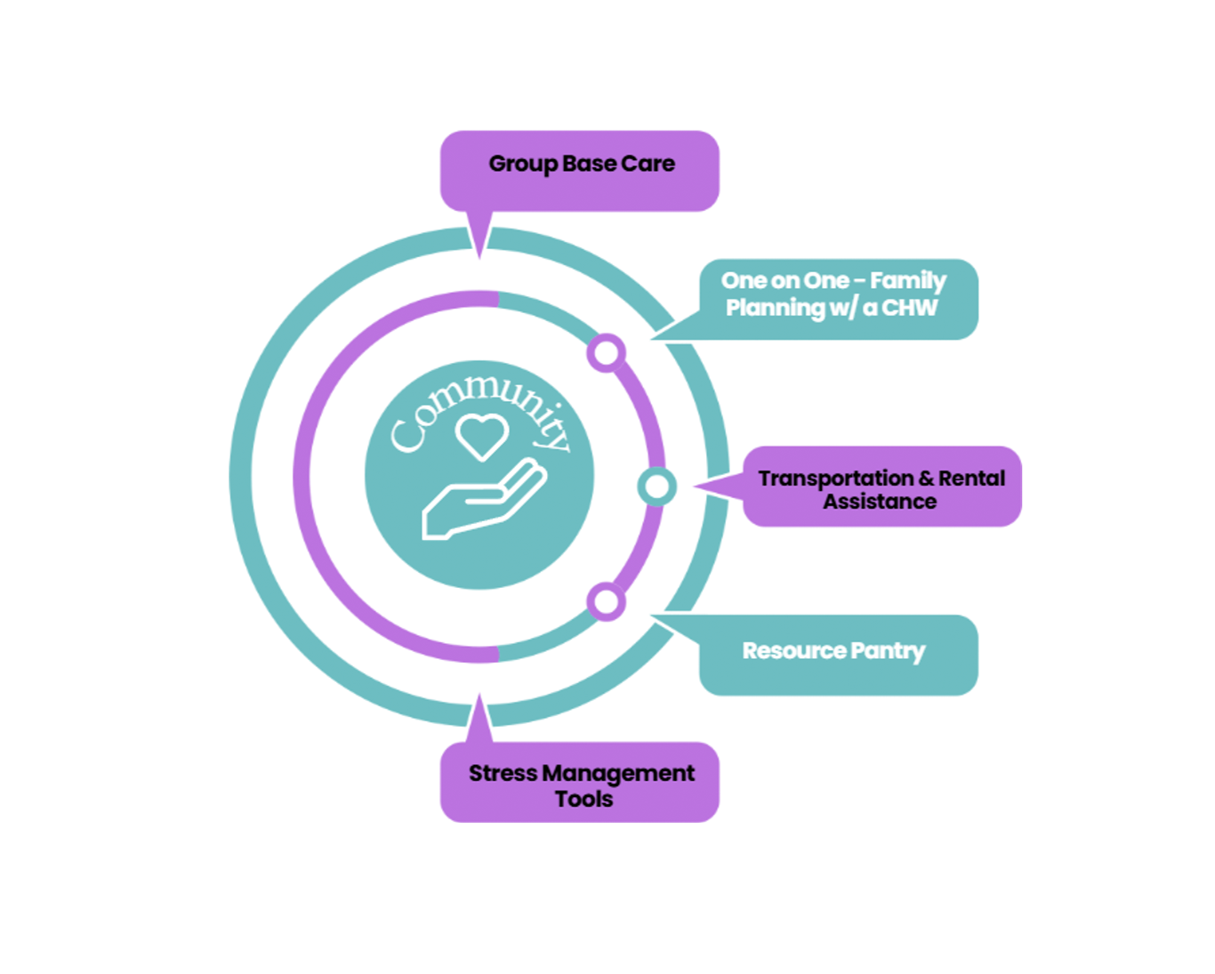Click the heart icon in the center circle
(x=481, y=436)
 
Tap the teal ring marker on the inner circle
(x=656, y=487)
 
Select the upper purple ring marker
(x=606, y=353)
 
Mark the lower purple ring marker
(x=606, y=602)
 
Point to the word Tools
(x=583, y=799)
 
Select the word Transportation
(x=835, y=479)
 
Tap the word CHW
(x=909, y=308)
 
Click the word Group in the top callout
(x=523, y=165)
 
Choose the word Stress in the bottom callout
(x=503, y=773)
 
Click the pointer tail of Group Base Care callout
(x=479, y=234)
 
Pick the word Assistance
(x=879, y=502)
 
